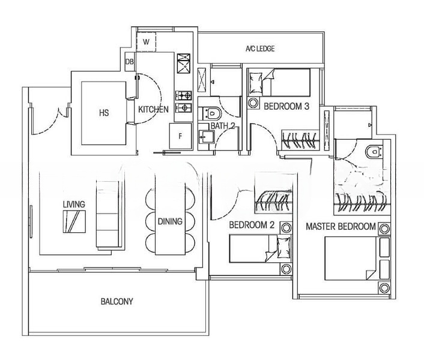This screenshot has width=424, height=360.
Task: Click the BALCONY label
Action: tap(117, 302)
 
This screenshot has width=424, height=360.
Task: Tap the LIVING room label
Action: tap(74, 204)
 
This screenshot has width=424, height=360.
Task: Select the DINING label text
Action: tap(170, 221)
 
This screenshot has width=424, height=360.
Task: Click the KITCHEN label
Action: tap(153, 110)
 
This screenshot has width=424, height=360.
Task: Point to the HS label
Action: tap(104, 112)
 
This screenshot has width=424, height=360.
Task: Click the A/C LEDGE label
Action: tap(260, 49)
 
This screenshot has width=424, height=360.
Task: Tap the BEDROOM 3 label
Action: tap(286, 106)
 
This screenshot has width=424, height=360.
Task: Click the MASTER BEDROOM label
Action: tap(341, 227)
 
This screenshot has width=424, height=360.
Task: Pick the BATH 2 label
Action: tap(222, 126)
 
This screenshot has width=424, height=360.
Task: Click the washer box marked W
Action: tap(146, 42)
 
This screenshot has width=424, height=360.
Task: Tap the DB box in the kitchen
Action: tap(130, 61)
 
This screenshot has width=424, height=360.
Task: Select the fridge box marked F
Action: tap(180, 136)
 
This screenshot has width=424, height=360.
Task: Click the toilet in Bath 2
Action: tap(213, 112)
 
